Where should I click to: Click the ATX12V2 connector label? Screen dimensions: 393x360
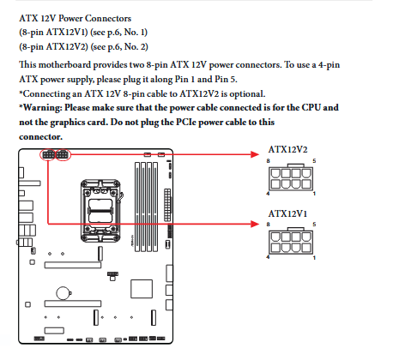coord(287,149)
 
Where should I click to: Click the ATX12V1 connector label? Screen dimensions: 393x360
coord(287,213)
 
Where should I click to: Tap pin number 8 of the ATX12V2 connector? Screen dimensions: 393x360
coord(268,161)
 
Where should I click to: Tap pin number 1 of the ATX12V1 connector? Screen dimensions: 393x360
coord(314,258)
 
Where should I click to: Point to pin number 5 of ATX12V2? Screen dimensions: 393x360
coord(314,161)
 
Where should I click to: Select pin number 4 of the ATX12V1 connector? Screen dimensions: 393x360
coord(268,257)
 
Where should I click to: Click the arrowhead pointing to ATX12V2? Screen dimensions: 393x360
coord(255,154)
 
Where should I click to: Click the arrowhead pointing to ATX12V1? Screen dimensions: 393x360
coord(255,224)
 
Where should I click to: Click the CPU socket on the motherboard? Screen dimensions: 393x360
coord(100,211)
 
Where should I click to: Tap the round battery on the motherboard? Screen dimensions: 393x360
coord(63,293)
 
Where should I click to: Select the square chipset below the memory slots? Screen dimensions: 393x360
coord(142,289)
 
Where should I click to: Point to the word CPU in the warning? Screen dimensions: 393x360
coord(311,107)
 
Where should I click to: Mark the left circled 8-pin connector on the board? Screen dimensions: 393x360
coord(48,155)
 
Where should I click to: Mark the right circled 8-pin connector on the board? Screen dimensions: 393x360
coord(62,155)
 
